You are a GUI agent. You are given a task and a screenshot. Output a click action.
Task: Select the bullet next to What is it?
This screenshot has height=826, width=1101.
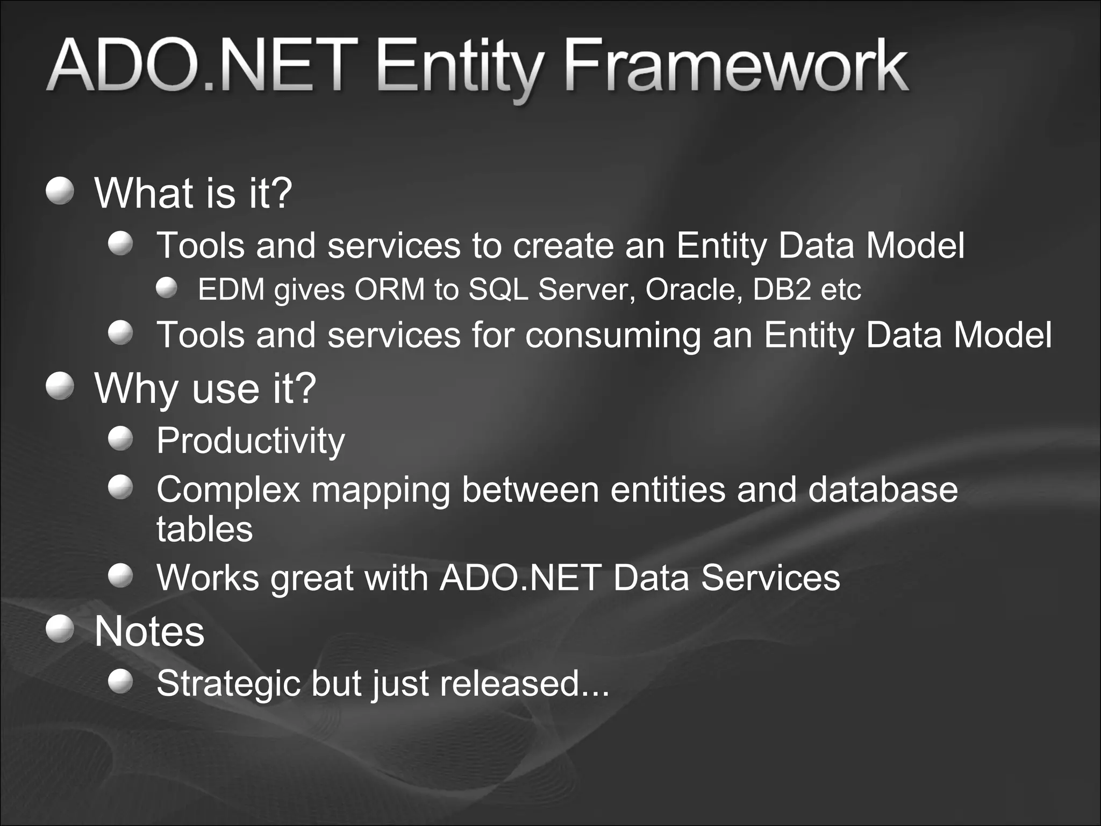pyautogui.click(x=60, y=191)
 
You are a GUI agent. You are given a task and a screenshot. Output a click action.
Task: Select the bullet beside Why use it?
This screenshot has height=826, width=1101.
pyautogui.click(x=60, y=387)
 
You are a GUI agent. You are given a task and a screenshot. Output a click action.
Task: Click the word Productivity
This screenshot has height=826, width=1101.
pyautogui.click(x=251, y=441)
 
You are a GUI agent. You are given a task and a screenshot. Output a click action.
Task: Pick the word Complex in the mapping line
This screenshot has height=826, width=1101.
pyautogui.click(x=228, y=490)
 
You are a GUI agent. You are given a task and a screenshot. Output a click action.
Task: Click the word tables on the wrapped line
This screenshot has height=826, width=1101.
pyautogui.click(x=204, y=529)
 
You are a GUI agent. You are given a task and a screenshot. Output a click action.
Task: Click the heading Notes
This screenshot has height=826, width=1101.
pyautogui.click(x=149, y=631)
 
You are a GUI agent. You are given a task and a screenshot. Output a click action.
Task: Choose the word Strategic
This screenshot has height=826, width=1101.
pyautogui.click(x=228, y=683)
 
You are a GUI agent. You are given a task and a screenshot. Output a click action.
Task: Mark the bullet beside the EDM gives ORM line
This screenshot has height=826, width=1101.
pyautogui.click(x=167, y=288)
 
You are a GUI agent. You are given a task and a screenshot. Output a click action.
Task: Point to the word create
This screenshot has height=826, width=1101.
pyautogui.click(x=563, y=246)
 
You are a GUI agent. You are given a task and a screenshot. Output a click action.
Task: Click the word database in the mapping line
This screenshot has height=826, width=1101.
pyautogui.click(x=882, y=490)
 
